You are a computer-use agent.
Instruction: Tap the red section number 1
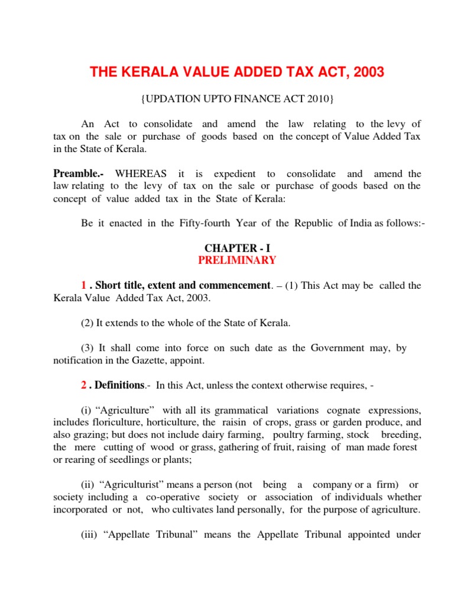click(84, 286)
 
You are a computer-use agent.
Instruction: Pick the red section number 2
click(84, 385)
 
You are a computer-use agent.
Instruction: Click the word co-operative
click(174, 497)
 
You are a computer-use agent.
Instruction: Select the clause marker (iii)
click(89, 534)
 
